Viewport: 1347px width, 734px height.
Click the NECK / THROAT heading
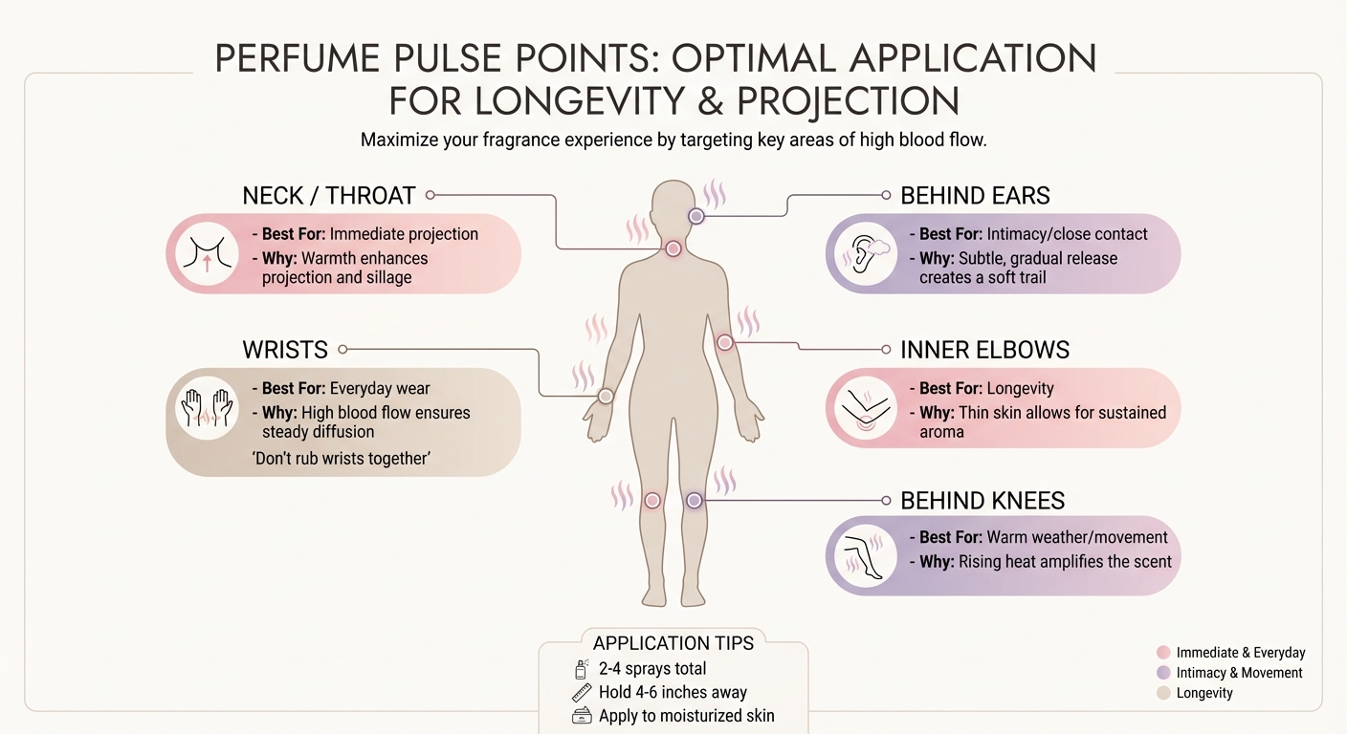coord(328,196)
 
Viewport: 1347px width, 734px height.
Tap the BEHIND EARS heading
coord(975,196)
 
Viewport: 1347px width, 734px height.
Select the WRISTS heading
coord(284,350)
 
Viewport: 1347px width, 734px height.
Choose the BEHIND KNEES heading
coord(983,501)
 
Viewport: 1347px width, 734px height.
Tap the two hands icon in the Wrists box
coord(207,408)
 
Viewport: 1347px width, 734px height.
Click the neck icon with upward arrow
coord(207,253)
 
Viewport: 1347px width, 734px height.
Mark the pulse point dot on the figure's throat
coord(673,248)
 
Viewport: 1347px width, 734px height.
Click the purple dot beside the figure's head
coord(696,217)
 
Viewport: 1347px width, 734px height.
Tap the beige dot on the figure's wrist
coord(606,396)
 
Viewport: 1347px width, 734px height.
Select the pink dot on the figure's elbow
coord(724,342)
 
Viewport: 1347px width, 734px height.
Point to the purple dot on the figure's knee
coord(695,500)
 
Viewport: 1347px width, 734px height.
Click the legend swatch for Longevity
coord(1163,693)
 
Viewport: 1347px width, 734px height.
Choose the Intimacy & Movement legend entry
coord(1238,673)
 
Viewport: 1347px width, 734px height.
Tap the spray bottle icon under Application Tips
coord(580,669)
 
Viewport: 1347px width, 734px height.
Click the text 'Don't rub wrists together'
coord(340,459)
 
